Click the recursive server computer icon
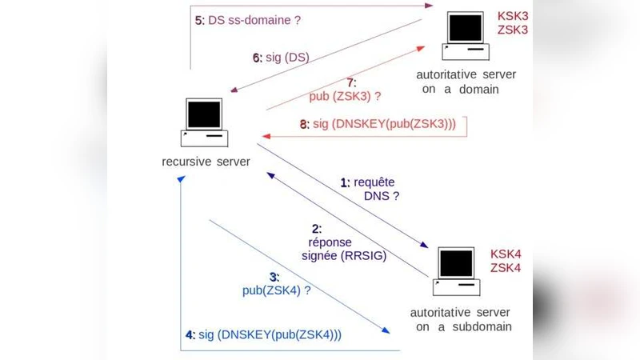[x=205, y=122]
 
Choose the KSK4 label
[x=506, y=254]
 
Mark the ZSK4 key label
[x=506, y=268]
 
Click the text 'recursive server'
[x=206, y=162]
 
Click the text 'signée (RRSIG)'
[x=341, y=256]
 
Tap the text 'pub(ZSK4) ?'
[x=276, y=290]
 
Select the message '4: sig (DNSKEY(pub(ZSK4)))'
[x=263, y=334]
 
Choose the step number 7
[x=350, y=82]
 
